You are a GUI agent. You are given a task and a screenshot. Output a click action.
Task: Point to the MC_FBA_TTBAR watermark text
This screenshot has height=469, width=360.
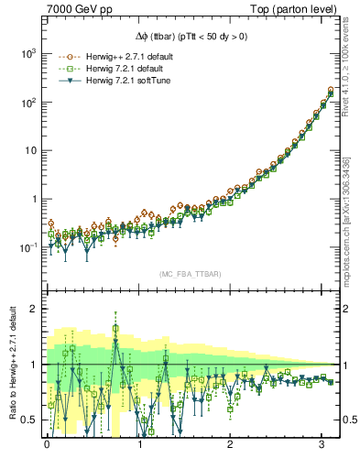[x=190, y=274]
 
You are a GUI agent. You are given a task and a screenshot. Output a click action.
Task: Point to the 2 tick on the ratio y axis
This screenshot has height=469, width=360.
[x=33, y=309]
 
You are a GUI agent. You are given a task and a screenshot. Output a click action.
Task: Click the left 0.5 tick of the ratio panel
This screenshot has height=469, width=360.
[x=28, y=420]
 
